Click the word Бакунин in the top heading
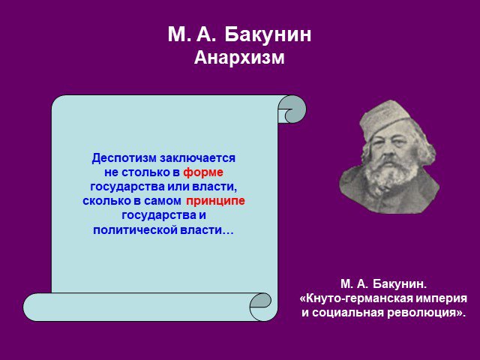point(268,35)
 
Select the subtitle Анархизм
point(239,57)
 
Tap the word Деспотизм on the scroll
point(124,158)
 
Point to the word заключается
point(198,158)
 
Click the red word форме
point(203,173)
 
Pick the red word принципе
point(215,201)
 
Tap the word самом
point(163,202)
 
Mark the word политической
point(135,230)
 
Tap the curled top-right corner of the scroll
point(292,109)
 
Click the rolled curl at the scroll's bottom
point(260,307)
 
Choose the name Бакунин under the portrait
point(400,283)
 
